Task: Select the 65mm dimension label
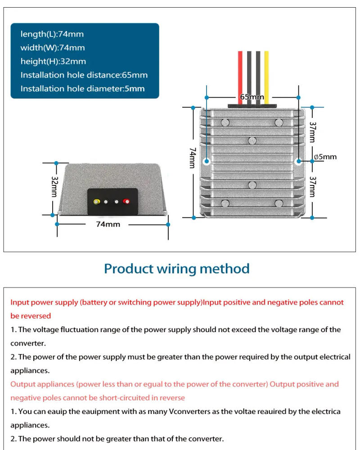click(x=252, y=97)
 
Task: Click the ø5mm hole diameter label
click(x=325, y=157)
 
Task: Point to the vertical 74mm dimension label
click(x=193, y=158)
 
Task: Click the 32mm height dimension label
click(x=54, y=186)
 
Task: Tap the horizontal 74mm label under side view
click(x=108, y=224)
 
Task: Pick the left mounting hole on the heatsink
click(x=207, y=161)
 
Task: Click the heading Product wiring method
click(x=176, y=269)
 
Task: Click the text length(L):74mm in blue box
click(x=52, y=34)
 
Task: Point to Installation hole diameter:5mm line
click(x=82, y=89)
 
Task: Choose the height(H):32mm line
click(x=53, y=61)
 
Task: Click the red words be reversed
click(x=31, y=316)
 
